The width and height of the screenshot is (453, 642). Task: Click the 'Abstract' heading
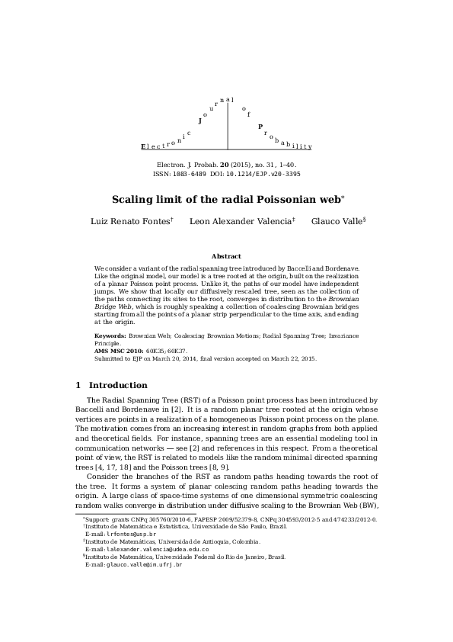tap(226, 256)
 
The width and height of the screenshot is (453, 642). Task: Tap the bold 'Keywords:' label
tap(110, 335)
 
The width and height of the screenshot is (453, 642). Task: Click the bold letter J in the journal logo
tap(199, 120)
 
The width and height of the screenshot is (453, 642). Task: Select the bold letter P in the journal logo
tap(260, 127)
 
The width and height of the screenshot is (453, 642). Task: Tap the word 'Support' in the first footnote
tap(99, 519)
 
